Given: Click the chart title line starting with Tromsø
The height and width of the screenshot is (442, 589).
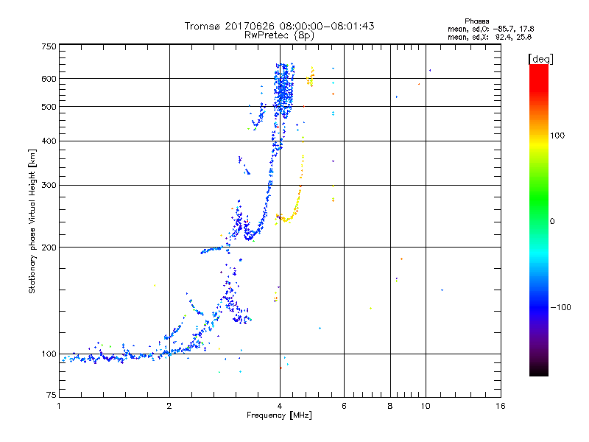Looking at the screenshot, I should pos(279,26).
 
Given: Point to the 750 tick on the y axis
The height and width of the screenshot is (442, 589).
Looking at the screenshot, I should pos(49,46).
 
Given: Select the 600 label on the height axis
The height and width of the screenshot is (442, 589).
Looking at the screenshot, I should pos(49,79).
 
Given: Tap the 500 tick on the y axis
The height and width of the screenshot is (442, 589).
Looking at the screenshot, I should pos(49,107).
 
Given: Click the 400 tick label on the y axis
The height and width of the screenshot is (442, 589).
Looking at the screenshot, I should pos(49,141).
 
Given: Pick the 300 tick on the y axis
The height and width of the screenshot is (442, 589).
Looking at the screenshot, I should pos(49,186).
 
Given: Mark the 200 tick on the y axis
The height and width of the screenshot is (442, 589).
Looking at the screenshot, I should pos(49,248).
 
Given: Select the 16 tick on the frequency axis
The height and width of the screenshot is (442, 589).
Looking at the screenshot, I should pos(500,406).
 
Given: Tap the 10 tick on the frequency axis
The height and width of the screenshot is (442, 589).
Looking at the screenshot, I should pos(425,406).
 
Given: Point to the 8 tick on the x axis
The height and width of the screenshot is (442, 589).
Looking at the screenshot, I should pos(390,406).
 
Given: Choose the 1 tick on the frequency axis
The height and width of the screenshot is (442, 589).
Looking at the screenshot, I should pos(59,406).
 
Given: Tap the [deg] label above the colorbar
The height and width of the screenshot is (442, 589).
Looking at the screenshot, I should pos(541,58).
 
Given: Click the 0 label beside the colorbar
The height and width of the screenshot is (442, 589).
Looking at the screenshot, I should pos(551,221).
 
